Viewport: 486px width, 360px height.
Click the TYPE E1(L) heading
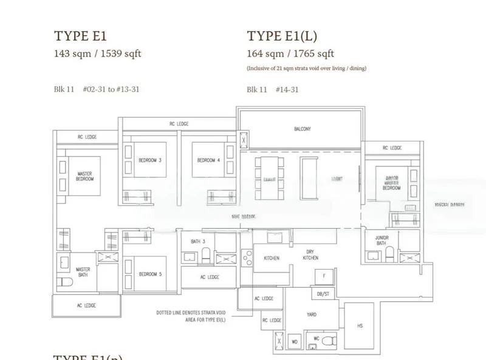[x=283, y=36]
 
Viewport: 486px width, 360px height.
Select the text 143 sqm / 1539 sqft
[x=97, y=53]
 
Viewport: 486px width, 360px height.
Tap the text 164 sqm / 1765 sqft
[x=290, y=53]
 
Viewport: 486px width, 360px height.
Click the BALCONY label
[x=302, y=129]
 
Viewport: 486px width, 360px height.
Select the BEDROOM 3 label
[x=149, y=160]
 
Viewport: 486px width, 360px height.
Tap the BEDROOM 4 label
[x=208, y=160]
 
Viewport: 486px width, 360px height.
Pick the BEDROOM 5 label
[x=149, y=274]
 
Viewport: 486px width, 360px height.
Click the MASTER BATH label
[x=83, y=271]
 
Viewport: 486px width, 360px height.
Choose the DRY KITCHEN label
[x=310, y=255]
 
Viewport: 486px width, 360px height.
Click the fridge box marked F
[x=324, y=276]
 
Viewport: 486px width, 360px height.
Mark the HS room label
[x=360, y=326]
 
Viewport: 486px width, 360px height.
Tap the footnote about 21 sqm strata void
[x=306, y=69]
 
